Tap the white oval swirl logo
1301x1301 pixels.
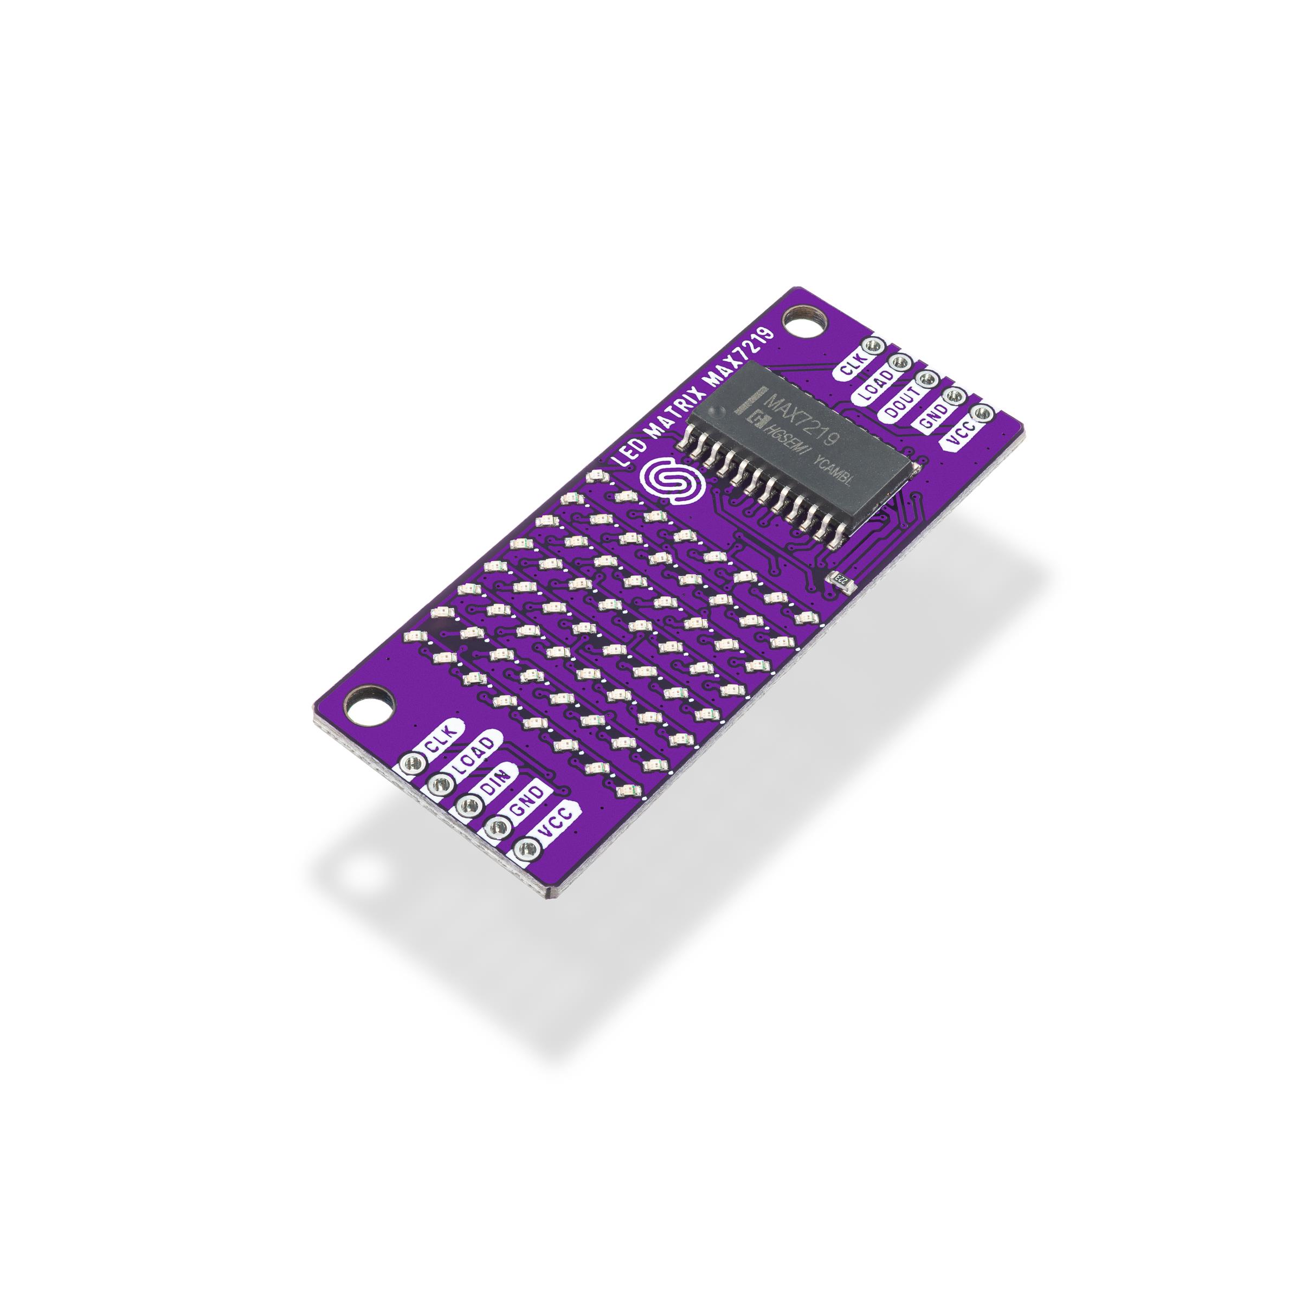click(671, 480)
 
